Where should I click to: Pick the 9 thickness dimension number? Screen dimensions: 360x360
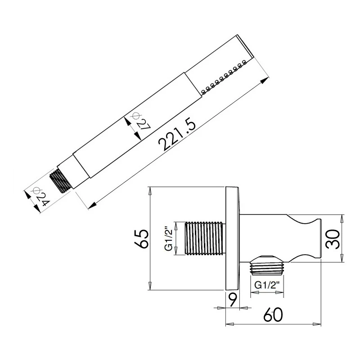pos(232,298)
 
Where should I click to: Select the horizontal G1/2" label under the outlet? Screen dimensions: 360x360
pos(268,285)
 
